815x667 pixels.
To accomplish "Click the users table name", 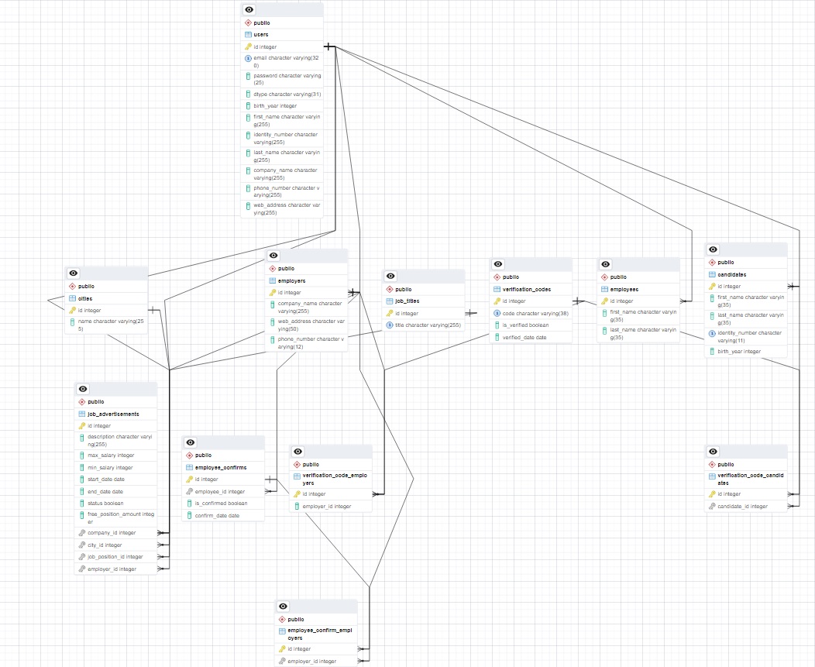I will coord(261,35).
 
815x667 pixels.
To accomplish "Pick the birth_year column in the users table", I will coord(275,106).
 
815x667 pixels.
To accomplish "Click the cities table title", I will coord(85,298).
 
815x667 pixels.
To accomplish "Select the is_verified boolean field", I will coord(525,325).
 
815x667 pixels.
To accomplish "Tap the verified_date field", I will coord(524,337).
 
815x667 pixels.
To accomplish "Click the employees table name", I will coord(624,289).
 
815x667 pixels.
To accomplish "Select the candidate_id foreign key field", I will coord(742,507).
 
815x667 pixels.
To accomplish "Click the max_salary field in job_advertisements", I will coord(111,456).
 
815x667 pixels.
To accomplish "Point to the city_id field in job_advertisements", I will coord(105,545).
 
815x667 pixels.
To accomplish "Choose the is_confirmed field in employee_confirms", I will coord(221,503).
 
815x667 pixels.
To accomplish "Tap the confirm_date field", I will coord(217,515).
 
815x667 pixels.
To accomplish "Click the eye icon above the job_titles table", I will coord(390,276).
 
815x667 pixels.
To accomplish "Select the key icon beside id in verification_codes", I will coord(497,301).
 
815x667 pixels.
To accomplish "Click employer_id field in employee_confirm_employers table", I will coord(311,661).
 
